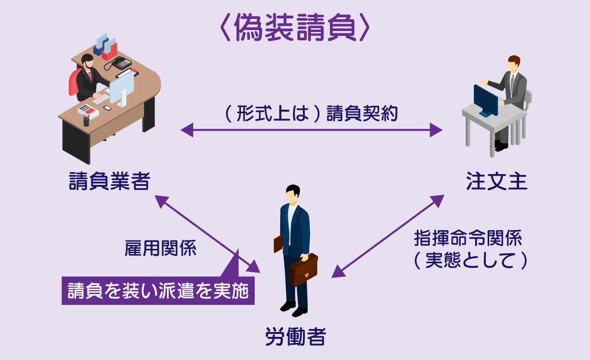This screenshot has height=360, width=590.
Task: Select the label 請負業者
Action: tap(109, 182)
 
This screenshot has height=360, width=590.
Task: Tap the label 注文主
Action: tap(497, 182)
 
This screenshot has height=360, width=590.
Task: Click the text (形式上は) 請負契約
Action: tap(311, 114)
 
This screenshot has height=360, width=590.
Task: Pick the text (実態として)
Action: tap(471, 261)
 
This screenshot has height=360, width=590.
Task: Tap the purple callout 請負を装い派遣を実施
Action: tap(158, 291)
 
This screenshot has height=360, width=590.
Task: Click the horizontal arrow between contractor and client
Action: tap(311, 130)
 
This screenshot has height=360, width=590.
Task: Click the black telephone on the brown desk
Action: tap(121, 63)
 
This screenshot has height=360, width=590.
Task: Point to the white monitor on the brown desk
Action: tap(122, 87)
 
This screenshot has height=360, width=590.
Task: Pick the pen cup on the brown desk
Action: tap(87, 121)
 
